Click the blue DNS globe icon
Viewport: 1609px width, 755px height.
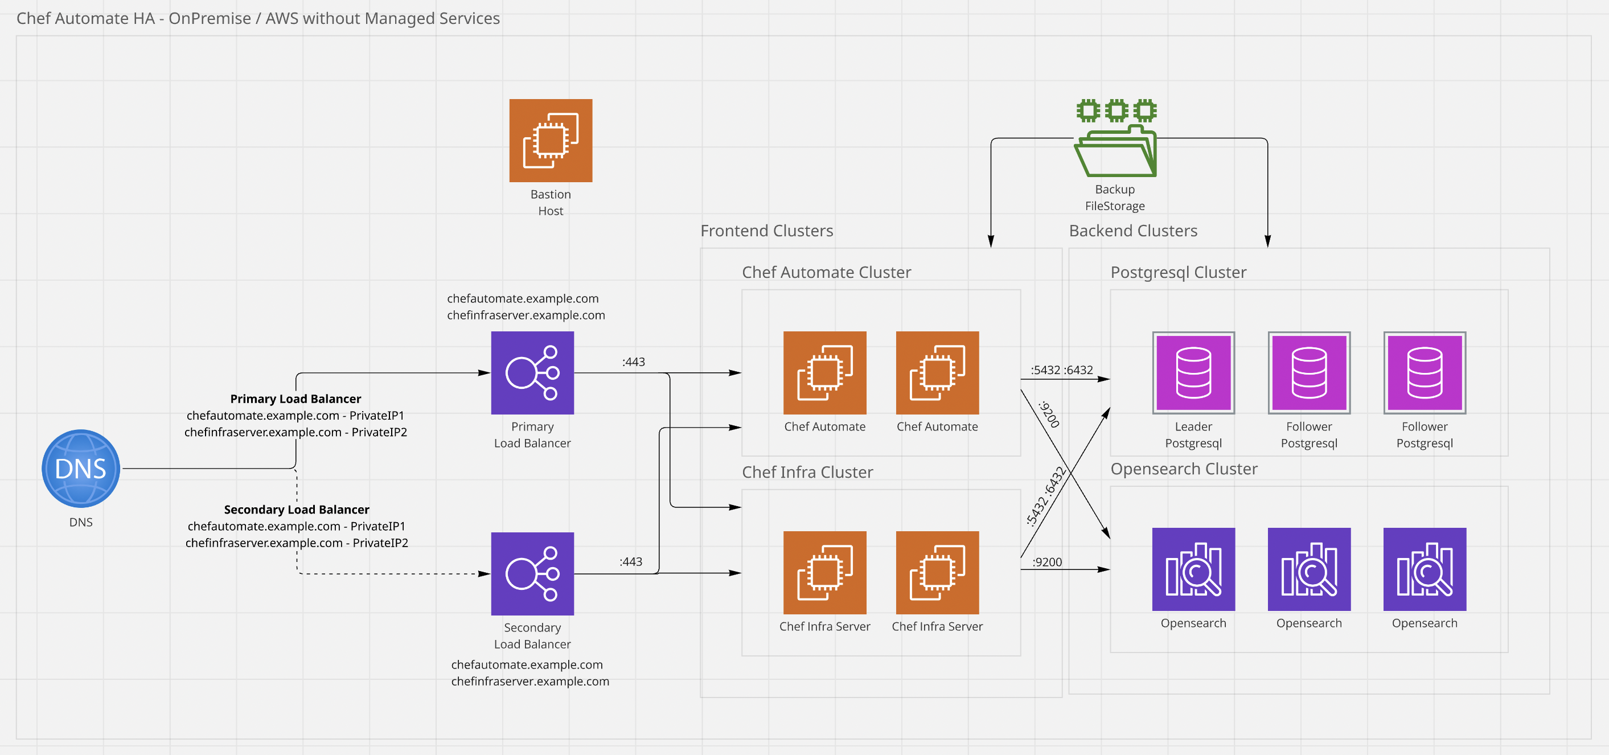[x=81, y=469]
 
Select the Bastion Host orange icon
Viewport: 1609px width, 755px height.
[x=551, y=141]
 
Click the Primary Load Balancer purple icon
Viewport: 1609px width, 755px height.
[x=532, y=373]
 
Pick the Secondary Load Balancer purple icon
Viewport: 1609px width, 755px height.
[x=532, y=573]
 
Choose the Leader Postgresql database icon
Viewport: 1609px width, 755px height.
[x=1193, y=373]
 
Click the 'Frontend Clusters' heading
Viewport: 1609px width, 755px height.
[x=766, y=231]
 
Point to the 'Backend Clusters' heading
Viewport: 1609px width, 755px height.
[x=1133, y=231]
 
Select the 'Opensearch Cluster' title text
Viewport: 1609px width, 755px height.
[x=1184, y=469]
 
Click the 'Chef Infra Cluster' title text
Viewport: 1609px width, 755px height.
[x=807, y=472]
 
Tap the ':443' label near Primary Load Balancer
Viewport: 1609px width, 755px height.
[x=633, y=362]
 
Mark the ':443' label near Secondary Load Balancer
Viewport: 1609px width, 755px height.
[x=631, y=562]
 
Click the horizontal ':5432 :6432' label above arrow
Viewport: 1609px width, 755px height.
[x=1062, y=370]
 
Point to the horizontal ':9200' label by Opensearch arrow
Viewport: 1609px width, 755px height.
[x=1048, y=562]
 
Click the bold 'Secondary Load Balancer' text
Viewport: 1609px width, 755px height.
[x=296, y=510]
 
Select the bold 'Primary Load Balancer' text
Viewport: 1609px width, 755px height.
[x=295, y=399]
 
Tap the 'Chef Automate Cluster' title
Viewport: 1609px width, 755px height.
[x=826, y=272]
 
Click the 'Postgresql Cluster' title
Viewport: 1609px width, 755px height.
[x=1178, y=272]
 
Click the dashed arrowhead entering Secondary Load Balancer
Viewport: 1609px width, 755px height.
[x=484, y=573]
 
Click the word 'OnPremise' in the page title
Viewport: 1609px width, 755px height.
[x=210, y=18]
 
